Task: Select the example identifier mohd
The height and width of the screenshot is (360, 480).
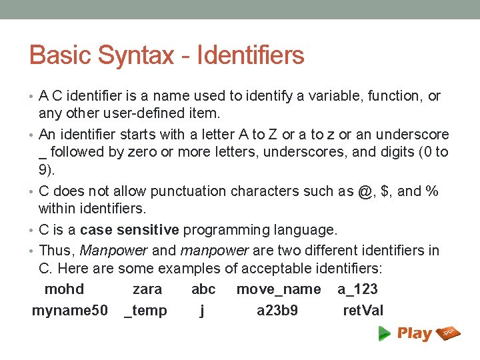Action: click(x=64, y=289)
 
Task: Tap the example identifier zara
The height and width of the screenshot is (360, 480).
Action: click(x=147, y=289)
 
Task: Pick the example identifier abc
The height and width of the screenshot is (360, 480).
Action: click(x=203, y=289)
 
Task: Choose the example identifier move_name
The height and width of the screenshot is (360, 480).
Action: click(x=278, y=289)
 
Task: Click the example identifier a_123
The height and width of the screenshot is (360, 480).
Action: click(x=357, y=289)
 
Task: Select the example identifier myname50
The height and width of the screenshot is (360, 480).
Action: click(x=69, y=311)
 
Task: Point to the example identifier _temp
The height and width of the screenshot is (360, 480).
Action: click(x=146, y=311)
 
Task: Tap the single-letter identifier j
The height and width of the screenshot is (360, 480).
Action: click(x=202, y=311)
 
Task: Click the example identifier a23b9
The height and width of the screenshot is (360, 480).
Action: click(x=277, y=311)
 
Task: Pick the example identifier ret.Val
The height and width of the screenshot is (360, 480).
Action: click(x=363, y=311)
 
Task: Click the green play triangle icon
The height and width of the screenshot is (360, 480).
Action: click(x=385, y=333)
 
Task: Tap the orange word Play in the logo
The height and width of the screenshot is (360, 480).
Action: click(x=414, y=333)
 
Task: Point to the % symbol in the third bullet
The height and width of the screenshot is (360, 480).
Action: click(x=432, y=191)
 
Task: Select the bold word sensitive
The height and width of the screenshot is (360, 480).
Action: click(x=147, y=230)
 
